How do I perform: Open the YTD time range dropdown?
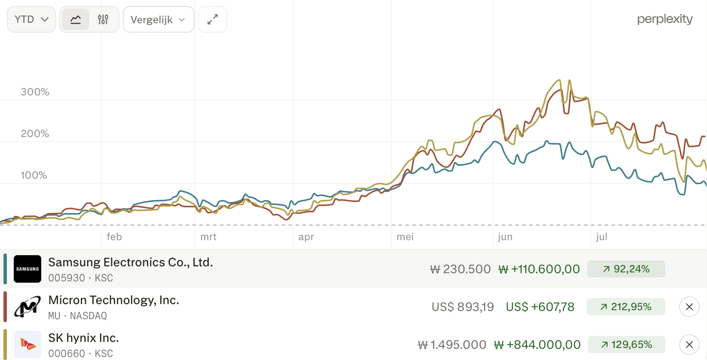pyautogui.click(x=31, y=19)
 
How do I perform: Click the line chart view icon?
pyautogui.click(x=76, y=19)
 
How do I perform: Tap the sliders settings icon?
pyautogui.click(x=103, y=19)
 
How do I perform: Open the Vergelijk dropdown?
pyautogui.click(x=158, y=19)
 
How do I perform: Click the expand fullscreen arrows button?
pyautogui.click(x=213, y=19)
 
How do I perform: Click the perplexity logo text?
pyautogui.click(x=665, y=19)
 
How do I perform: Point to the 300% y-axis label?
pyautogui.click(x=35, y=92)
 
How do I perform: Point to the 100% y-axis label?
pyautogui.click(x=34, y=175)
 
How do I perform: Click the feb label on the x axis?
pyautogui.click(x=114, y=237)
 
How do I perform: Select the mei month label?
pyautogui.click(x=405, y=237)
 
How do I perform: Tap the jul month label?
pyautogui.click(x=602, y=237)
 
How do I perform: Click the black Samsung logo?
pyautogui.click(x=27, y=269)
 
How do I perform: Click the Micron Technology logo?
pyautogui.click(x=27, y=307)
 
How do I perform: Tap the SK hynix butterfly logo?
pyautogui.click(x=27, y=344)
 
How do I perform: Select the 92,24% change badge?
pyautogui.click(x=626, y=269)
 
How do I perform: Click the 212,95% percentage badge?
pyautogui.click(x=626, y=307)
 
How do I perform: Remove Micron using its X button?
pyautogui.click(x=689, y=307)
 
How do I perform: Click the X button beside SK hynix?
pyautogui.click(x=689, y=344)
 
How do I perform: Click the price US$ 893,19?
pyautogui.click(x=463, y=307)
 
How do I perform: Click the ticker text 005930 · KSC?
pyautogui.click(x=80, y=278)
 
